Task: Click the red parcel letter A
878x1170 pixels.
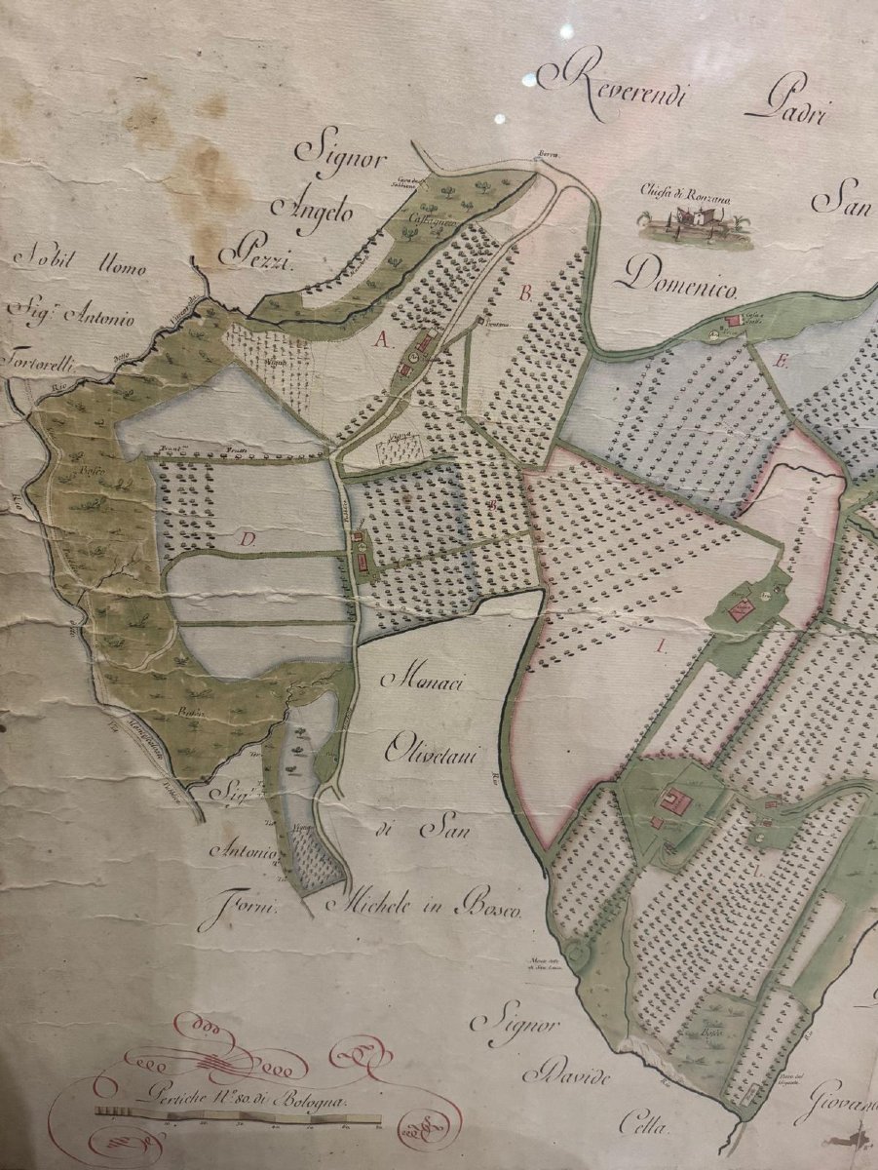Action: click(383, 338)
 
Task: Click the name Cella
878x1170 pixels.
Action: click(643, 1127)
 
